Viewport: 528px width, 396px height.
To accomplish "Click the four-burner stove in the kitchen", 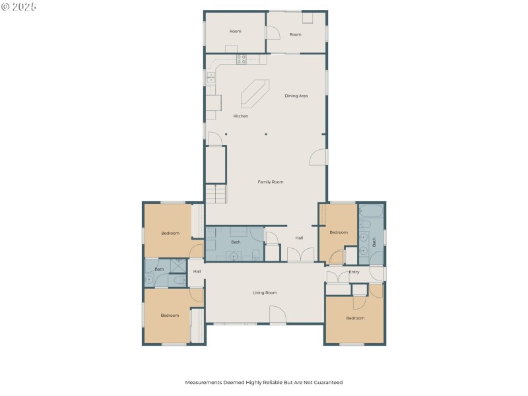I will pos(242,59).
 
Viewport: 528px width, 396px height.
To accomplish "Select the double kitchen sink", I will pos(211,79).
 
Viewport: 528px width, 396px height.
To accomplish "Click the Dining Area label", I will pos(296,96).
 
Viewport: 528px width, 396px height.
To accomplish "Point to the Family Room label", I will pos(270,181).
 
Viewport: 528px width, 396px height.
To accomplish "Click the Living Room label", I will pos(265,292).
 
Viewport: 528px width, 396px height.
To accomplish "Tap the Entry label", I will pos(354,272).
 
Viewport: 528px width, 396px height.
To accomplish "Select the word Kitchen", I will pos(241,116).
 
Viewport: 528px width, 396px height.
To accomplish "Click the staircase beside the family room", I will pos(216,194).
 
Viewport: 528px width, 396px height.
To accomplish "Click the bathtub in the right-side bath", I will pos(372,213).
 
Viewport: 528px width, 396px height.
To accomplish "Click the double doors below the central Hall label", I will pos(300,255).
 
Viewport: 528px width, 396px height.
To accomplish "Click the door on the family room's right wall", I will pos(319,157).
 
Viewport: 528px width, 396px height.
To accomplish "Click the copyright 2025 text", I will pos(19,7).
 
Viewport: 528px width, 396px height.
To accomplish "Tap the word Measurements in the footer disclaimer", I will pos(205,382).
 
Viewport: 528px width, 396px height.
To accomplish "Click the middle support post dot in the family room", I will pos(265,134).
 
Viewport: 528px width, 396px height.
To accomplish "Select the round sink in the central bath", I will pos(236,253).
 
